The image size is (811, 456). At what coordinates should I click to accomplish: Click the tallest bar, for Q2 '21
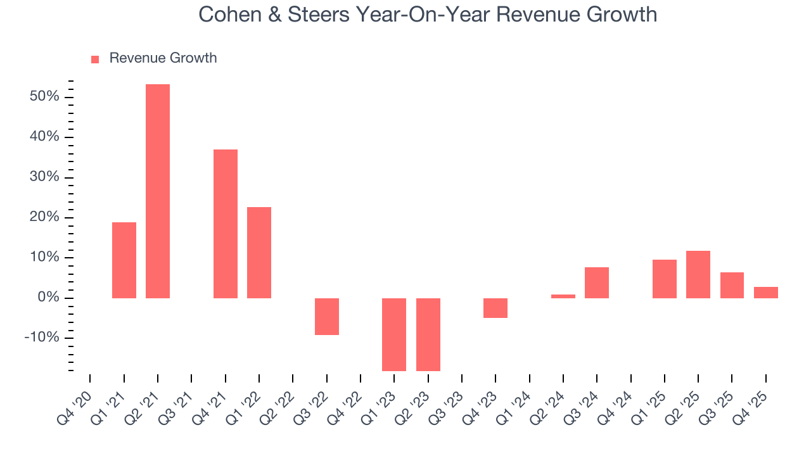pos(158,191)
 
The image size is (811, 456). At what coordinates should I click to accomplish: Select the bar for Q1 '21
pos(124,260)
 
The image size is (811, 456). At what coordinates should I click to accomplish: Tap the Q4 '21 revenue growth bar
pos(226,224)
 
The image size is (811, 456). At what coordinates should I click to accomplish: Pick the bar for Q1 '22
pos(259,253)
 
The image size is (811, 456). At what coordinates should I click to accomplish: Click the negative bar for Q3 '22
pos(327,316)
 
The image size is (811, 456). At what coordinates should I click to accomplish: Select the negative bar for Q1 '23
pos(394,334)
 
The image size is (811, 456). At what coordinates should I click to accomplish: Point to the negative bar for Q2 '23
pos(428,334)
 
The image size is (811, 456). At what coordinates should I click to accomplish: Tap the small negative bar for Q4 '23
pos(495,308)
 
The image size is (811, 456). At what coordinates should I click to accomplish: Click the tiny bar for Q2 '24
pos(563,296)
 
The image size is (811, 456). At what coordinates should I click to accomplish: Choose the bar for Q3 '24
pos(597,282)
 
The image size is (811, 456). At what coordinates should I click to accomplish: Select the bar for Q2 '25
pos(698,274)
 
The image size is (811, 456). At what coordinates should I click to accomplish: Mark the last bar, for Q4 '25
pos(766,292)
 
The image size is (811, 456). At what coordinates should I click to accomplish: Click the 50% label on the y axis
pos(44,97)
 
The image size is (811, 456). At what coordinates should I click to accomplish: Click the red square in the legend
pos(95,59)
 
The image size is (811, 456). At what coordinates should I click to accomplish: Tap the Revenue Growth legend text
pos(163,58)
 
